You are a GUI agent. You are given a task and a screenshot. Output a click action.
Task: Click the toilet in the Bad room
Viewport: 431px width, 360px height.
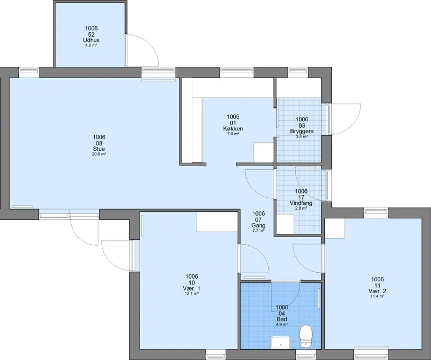pyautogui.click(x=305, y=336)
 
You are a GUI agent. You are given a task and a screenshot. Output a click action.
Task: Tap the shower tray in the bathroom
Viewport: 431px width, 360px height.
pyautogui.click(x=281, y=342)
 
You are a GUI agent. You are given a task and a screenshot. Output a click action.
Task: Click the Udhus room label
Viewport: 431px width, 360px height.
pyautogui.click(x=91, y=40)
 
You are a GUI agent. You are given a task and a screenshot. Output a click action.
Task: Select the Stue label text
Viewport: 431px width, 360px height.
pyautogui.click(x=99, y=149)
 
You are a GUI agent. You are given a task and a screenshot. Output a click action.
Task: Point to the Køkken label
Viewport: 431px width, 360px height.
pyautogui.click(x=233, y=129)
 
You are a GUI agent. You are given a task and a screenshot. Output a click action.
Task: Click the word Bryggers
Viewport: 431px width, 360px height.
pyautogui.click(x=302, y=131)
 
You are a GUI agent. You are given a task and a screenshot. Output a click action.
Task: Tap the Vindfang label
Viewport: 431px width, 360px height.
pyautogui.click(x=301, y=203)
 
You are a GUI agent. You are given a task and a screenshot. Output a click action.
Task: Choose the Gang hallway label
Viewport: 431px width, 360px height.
pyautogui.click(x=259, y=225)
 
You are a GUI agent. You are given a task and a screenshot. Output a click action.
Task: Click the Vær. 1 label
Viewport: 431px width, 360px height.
pyautogui.click(x=192, y=288)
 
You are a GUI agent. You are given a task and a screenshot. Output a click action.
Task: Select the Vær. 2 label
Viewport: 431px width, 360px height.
pyautogui.click(x=377, y=291)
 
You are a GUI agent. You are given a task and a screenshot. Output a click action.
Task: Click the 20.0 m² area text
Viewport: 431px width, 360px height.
pyautogui.click(x=99, y=154)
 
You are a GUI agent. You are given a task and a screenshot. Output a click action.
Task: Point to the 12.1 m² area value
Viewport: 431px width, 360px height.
pyautogui.click(x=192, y=294)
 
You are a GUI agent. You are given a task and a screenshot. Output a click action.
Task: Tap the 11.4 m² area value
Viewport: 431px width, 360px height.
pyautogui.click(x=377, y=296)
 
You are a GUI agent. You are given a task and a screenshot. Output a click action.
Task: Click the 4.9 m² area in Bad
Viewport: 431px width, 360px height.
pyautogui.click(x=282, y=324)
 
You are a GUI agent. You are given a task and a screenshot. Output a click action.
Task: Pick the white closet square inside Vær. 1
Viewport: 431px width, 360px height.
pyautogui.click(x=217, y=222)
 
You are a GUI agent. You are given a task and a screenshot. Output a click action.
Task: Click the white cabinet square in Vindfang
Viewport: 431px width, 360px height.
pyautogui.click(x=286, y=224)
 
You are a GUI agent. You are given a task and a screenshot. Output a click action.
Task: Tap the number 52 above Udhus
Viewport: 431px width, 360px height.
pyautogui.click(x=91, y=34)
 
